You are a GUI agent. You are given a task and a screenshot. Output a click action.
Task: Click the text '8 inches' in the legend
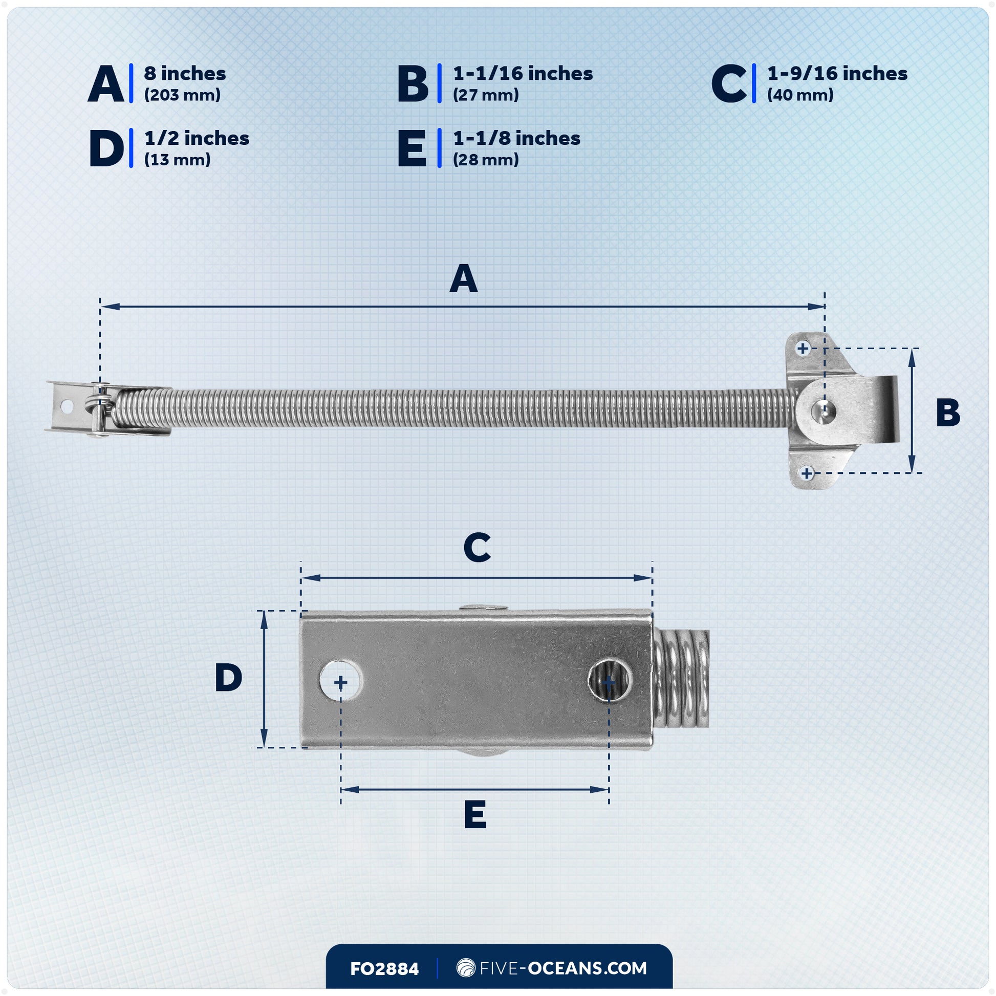(x=185, y=74)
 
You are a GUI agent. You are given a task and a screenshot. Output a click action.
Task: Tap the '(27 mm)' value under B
(x=486, y=95)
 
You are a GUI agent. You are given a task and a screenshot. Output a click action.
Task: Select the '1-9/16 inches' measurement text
(x=837, y=74)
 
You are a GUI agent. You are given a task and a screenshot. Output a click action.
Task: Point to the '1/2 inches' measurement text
(x=197, y=138)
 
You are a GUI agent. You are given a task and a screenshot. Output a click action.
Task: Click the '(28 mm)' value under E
(x=486, y=160)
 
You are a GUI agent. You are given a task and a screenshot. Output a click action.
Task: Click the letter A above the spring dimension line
(x=464, y=279)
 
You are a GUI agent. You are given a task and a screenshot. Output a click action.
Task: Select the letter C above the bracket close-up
(x=477, y=548)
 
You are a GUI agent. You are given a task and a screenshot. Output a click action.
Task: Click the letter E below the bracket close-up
(x=475, y=814)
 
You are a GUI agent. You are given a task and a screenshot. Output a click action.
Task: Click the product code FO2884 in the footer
(x=384, y=969)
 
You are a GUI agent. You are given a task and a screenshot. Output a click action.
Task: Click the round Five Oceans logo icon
(x=466, y=968)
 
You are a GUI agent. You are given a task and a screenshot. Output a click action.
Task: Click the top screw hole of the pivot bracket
(x=803, y=349)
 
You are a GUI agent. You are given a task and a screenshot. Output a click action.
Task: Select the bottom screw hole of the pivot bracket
(x=807, y=473)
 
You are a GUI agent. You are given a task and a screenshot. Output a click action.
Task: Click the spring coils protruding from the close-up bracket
(x=682, y=679)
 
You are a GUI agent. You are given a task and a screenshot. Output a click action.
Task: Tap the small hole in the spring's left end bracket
(x=67, y=406)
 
